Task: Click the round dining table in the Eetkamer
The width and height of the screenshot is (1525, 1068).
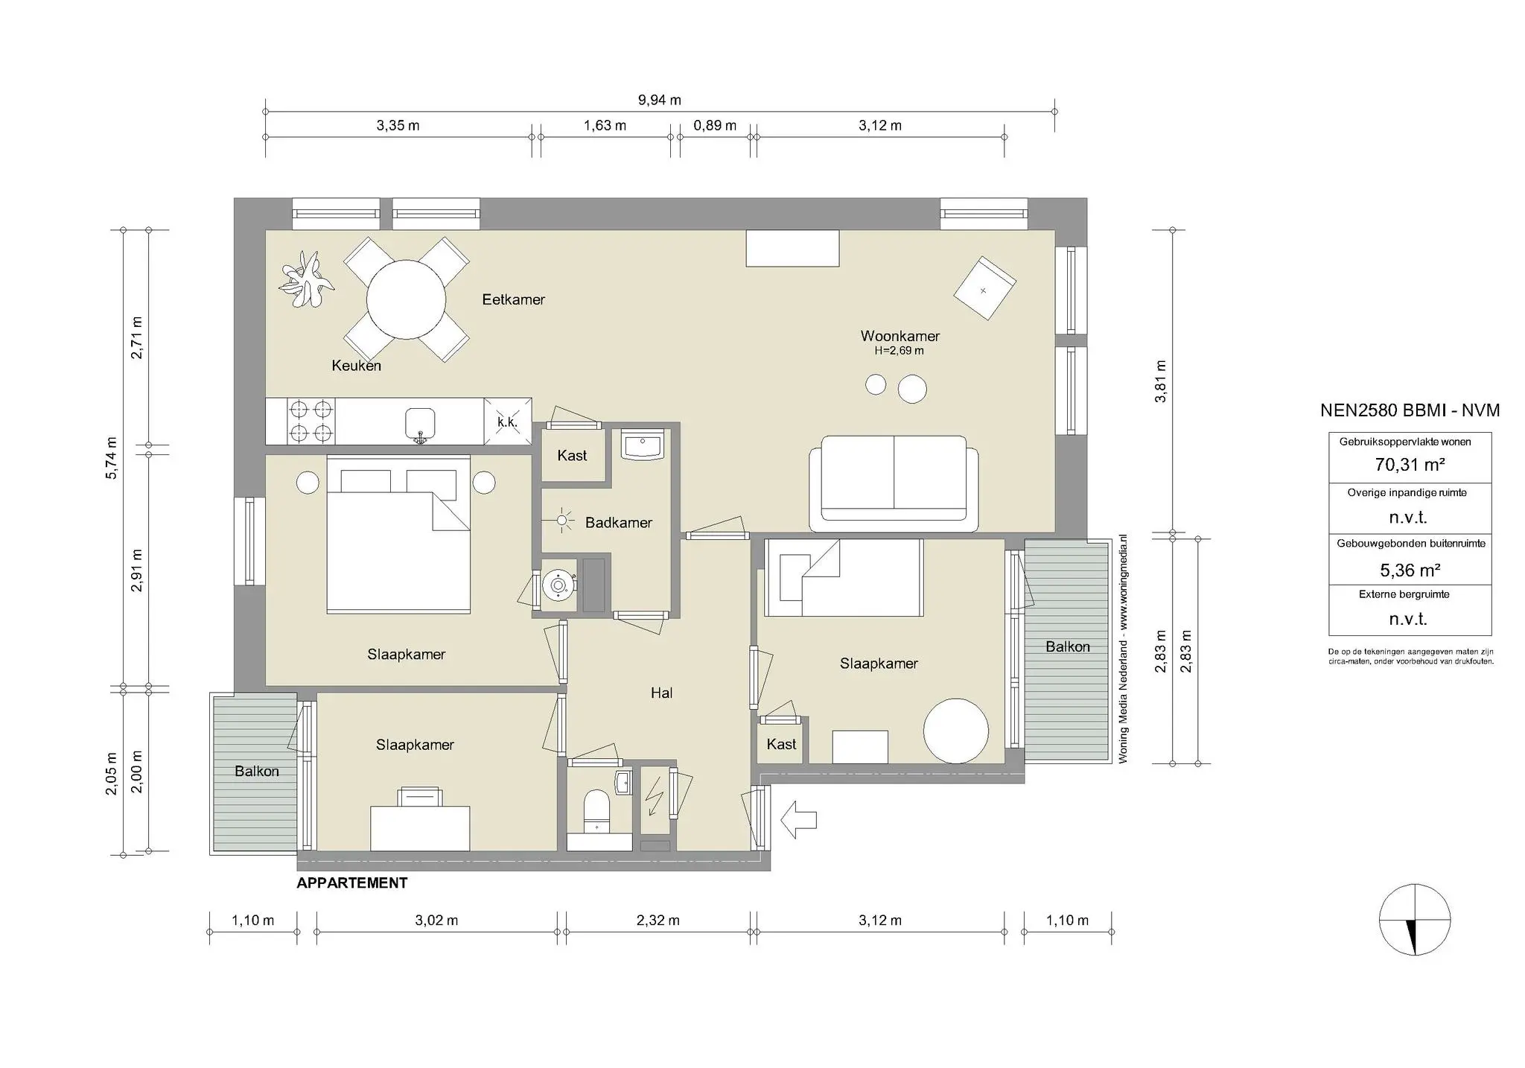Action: click(406, 299)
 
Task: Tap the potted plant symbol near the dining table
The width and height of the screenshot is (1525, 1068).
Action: click(305, 280)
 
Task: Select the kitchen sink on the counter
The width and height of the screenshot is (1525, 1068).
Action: click(420, 424)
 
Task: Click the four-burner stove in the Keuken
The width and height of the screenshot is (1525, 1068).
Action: click(311, 421)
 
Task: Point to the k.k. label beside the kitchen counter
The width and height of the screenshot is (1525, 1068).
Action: click(507, 422)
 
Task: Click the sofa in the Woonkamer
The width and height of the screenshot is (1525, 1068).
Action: click(894, 483)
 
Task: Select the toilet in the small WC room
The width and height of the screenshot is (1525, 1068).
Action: click(596, 810)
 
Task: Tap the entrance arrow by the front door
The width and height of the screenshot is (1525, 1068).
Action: click(799, 819)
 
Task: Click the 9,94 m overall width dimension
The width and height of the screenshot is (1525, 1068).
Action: click(659, 100)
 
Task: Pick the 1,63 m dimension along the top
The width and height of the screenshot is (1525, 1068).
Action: click(604, 125)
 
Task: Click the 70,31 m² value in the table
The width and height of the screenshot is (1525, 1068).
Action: click(1410, 465)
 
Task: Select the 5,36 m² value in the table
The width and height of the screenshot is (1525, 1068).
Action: click(1410, 570)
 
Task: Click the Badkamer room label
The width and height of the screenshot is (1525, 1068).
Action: click(618, 523)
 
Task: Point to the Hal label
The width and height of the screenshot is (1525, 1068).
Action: click(661, 693)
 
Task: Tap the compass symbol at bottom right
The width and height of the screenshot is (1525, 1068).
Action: click(1414, 920)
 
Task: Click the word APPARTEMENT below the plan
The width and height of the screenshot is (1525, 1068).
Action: click(351, 883)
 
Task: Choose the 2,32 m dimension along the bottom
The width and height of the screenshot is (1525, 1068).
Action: click(658, 921)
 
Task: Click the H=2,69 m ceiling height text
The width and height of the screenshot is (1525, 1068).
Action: click(899, 351)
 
